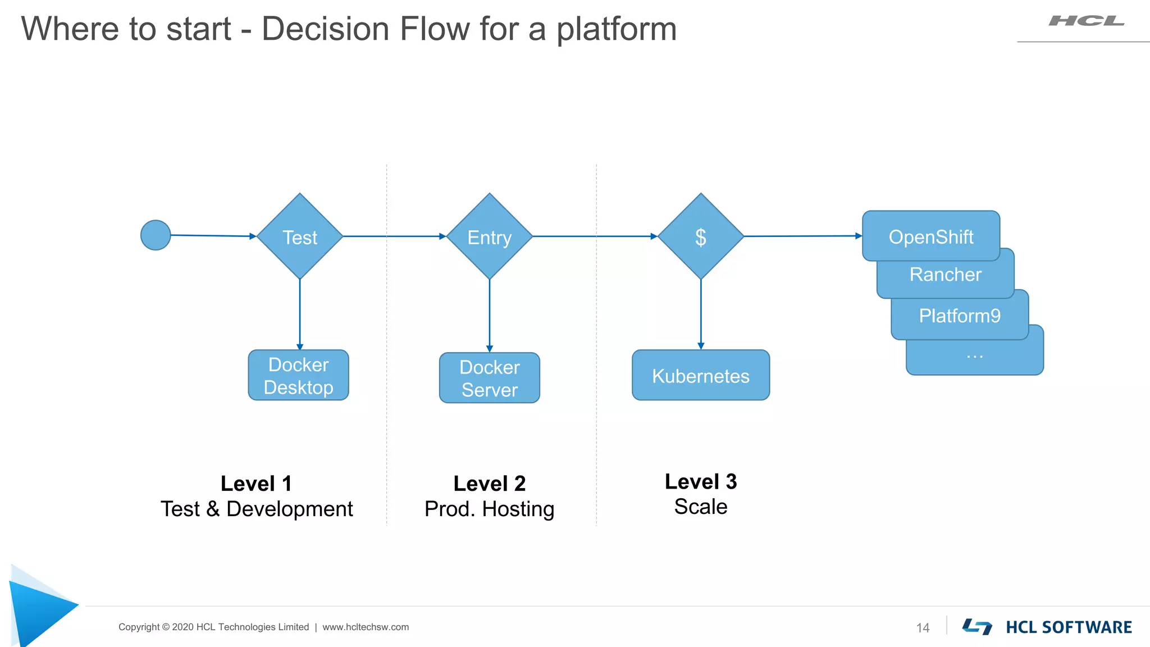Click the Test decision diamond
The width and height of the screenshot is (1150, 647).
point(300,236)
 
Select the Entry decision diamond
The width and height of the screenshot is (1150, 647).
point(489,236)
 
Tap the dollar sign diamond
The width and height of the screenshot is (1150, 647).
point(700,236)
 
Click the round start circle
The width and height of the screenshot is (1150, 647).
point(156,235)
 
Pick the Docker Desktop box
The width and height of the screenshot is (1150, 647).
point(298,375)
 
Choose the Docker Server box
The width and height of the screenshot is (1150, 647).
point(489,377)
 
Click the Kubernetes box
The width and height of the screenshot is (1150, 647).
point(700,375)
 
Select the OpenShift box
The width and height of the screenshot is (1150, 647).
point(930,236)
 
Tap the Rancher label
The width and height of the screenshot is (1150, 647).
point(945,275)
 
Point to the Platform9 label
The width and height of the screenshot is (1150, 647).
point(959,316)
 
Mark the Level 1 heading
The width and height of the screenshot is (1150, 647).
point(256,484)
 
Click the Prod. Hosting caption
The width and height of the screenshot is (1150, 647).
point(489,509)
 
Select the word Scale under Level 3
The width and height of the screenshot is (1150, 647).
point(700,507)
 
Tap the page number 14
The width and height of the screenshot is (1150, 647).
point(923,628)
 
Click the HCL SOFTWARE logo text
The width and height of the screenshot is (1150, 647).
point(1068,627)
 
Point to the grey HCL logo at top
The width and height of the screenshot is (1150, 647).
point(1086,21)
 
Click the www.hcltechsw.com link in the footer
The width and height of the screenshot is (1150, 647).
point(366,627)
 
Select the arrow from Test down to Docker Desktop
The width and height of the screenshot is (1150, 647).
point(300,315)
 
